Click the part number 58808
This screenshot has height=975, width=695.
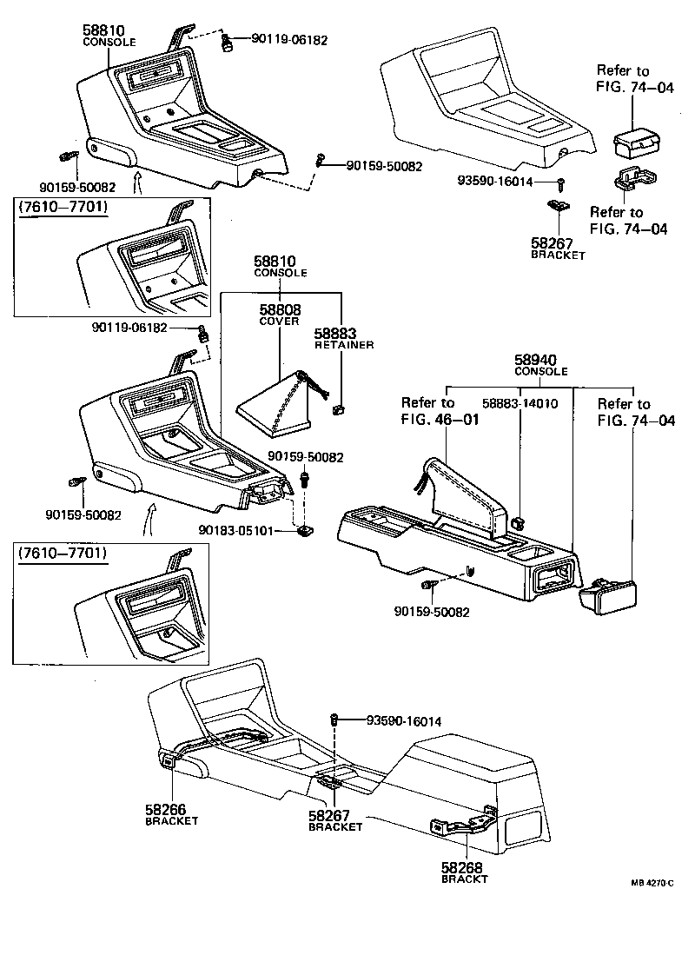click(x=279, y=309)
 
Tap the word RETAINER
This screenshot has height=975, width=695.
click(x=343, y=345)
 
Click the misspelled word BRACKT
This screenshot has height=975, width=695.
click(x=465, y=879)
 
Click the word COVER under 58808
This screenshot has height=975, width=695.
click(x=279, y=321)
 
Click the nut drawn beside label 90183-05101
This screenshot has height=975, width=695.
click(x=304, y=529)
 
